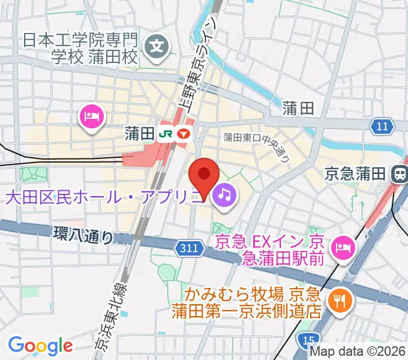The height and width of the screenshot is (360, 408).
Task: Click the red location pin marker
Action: coord(204,175)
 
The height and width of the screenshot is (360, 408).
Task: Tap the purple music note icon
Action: coord(224,194)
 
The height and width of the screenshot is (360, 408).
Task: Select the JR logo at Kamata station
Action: coord(164,133)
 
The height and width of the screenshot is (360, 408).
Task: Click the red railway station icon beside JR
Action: coord(182,133)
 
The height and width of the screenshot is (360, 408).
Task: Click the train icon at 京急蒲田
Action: coord(398,174)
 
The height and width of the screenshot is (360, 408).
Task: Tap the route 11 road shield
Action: coord(382,126)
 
